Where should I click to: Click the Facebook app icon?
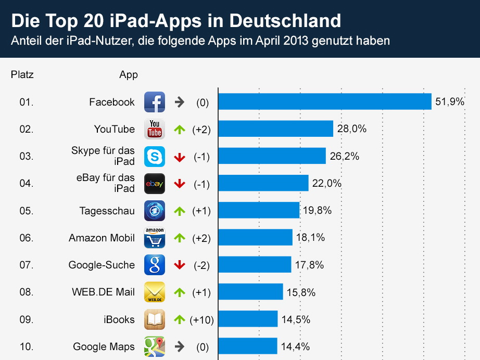click(155, 102)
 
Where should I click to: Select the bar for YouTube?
click(275, 128)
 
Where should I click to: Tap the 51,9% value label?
click(449, 102)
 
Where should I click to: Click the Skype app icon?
click(155, 157)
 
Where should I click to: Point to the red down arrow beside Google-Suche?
click(180, 265)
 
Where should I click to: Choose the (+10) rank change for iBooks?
click(201, 319)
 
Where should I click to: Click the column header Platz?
click(22, 74)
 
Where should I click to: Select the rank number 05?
click(26, 211)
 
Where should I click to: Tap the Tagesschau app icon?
click(155, 211)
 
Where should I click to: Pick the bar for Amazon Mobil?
click(255, 238)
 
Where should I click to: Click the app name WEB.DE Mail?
click(103, 292)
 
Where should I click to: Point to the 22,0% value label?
click(327, 183)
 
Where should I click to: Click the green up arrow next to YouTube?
click(180, 129)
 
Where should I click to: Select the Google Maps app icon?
click(155, 346)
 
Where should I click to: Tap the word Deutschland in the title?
click(285, 21)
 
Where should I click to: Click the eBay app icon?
click(155, 184)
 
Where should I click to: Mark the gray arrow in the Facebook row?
click(180, 102)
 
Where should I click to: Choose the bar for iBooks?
click(248, 319)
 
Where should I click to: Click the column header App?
click(129, 74)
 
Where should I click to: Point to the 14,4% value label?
click(296, 346)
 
